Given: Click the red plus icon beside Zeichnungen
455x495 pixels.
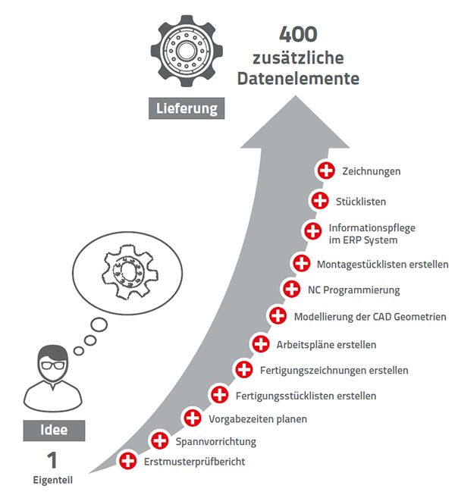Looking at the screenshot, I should pos(327,171).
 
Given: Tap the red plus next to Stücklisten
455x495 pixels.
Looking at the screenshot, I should pos(319,201).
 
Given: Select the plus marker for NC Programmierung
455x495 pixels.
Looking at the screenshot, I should pos(291,289).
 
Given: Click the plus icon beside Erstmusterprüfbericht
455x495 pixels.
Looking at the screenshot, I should pos(128,460).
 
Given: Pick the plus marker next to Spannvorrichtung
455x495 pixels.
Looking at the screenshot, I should pos(160,440).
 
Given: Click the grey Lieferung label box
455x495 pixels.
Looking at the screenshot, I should pos(187,108).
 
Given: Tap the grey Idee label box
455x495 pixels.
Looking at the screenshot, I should pos(54,431).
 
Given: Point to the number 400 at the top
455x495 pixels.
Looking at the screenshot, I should pos(298,34).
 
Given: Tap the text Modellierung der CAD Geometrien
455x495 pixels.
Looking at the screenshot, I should pos(369,316).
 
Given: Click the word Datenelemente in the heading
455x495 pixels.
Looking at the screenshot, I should pos(298,78).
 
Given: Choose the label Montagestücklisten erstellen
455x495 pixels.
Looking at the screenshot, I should pos(383,265).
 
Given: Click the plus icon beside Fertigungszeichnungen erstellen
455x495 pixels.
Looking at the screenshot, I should pos(243,370).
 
